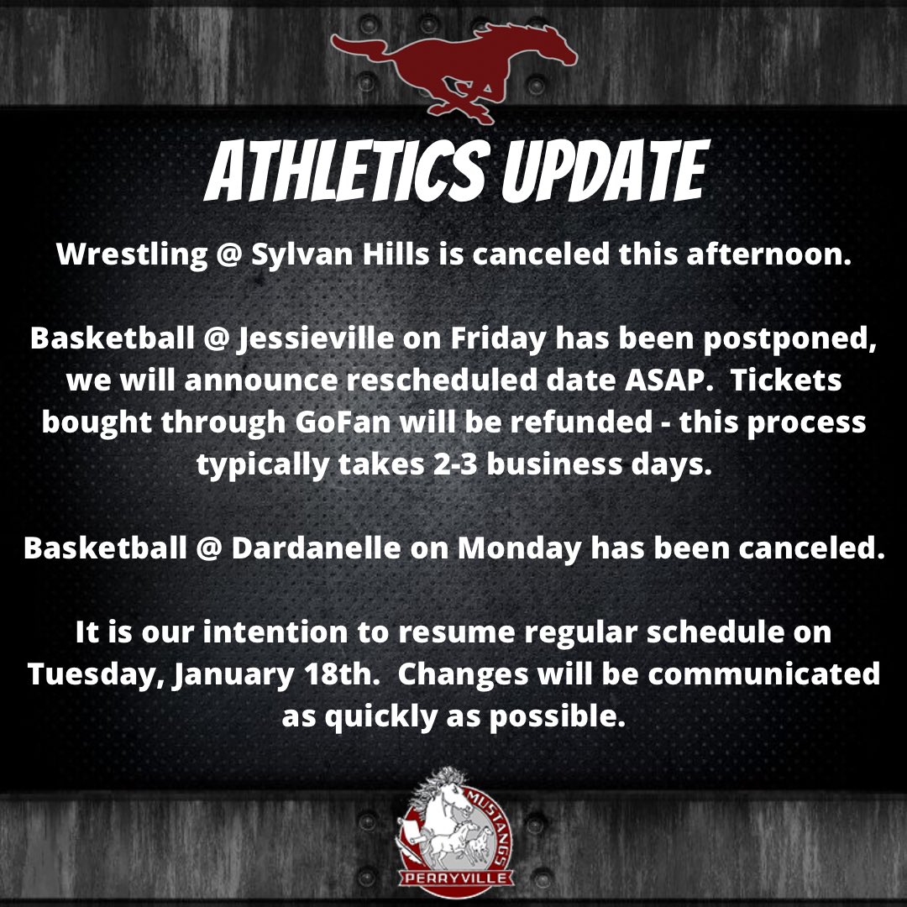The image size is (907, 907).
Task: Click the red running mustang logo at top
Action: coord(453,71)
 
